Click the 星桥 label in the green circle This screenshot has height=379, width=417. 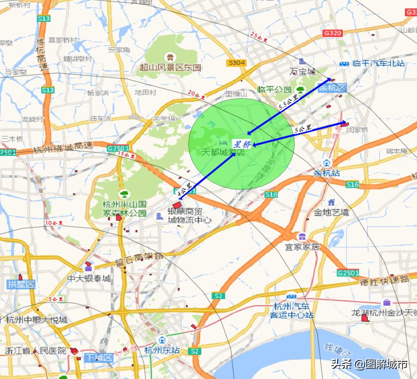pos(241,144)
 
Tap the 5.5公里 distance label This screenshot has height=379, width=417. pos(289,103)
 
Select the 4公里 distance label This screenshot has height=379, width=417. pos(184,190)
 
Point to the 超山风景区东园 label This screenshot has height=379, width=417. pos(170,68)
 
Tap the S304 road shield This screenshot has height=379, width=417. pos(237,63)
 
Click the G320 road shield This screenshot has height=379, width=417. pos(333,33)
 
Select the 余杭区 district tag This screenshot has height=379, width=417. pos(332,88)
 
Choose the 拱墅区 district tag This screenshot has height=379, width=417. pos(21,284)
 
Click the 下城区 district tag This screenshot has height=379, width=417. pos(99,358)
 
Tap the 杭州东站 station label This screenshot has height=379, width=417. pos(162,350)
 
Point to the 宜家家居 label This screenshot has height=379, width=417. pos(302,247)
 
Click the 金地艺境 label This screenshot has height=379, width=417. pos(332,212)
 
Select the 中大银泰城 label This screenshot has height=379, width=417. pos(89,278)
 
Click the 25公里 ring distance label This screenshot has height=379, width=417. pos(259,37)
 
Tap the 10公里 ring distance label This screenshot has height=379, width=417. pos(54,223)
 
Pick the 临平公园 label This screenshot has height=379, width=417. pos(274,89)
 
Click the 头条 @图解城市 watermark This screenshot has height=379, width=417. pos(369,364)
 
